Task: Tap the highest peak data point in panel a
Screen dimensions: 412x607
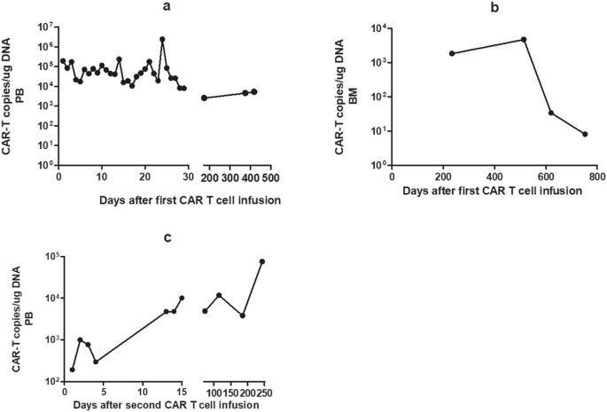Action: (162, 39)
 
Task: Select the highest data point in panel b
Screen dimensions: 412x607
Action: (524, 39)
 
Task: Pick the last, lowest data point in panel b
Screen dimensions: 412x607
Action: (586, 135)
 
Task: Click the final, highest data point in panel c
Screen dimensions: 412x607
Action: (262, 261)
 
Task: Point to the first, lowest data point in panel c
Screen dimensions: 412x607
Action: (72, 369)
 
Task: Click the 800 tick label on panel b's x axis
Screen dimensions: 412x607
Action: (597, 177)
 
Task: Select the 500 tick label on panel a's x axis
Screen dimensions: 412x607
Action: (269, 177)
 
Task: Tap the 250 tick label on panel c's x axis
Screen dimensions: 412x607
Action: (261, 393)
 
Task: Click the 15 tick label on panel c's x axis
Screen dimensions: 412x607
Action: (182, 393)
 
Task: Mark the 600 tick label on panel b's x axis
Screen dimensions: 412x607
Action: (546, 177)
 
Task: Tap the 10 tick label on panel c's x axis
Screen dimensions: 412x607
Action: (143, 393)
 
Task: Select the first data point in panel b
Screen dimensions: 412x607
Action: (452, 53)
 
